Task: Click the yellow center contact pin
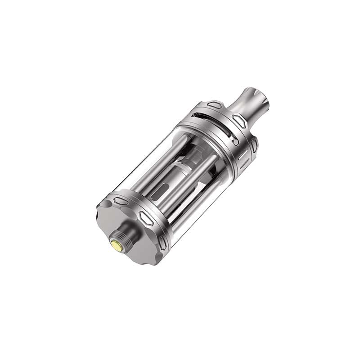point(117,246)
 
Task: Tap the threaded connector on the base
point(122,241)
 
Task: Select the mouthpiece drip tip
point(248,101)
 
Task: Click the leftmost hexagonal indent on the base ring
point(120,201)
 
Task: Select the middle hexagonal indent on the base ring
point(146,218)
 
